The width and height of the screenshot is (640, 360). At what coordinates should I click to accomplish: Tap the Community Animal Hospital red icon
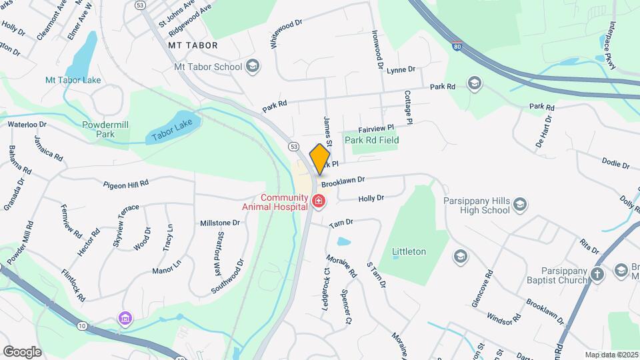(x=319, y=200)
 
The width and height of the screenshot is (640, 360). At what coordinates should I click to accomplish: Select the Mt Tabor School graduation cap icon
(x=252, y=66)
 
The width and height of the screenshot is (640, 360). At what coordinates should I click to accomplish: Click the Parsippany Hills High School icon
(x=521, y=204)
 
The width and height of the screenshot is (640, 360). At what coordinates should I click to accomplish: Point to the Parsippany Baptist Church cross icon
(x=597, y=273)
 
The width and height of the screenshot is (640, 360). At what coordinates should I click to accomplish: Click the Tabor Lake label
(x=171, y=126)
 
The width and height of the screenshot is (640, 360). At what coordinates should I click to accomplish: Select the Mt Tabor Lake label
(x=73, y=80)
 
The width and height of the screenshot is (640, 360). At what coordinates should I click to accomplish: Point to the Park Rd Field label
(x=371, y=140)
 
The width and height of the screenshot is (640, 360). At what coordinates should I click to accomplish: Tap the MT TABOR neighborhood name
(x=193, y=45)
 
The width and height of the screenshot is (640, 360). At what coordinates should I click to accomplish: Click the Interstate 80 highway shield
(x=456, y=47)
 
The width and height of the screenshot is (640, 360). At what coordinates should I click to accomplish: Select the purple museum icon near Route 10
(x=124, y=319)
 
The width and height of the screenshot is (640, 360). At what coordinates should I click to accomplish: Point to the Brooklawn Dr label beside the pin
(x=343, y=180)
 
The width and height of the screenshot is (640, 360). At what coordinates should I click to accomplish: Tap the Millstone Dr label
(x=220, y=223)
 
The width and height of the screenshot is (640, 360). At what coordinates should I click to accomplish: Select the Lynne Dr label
(x=401, y=69)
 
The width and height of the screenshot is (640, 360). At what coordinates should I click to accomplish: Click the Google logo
(x=23, y=351)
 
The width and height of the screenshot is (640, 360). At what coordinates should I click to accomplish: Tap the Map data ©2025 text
(x=611, y=355)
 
